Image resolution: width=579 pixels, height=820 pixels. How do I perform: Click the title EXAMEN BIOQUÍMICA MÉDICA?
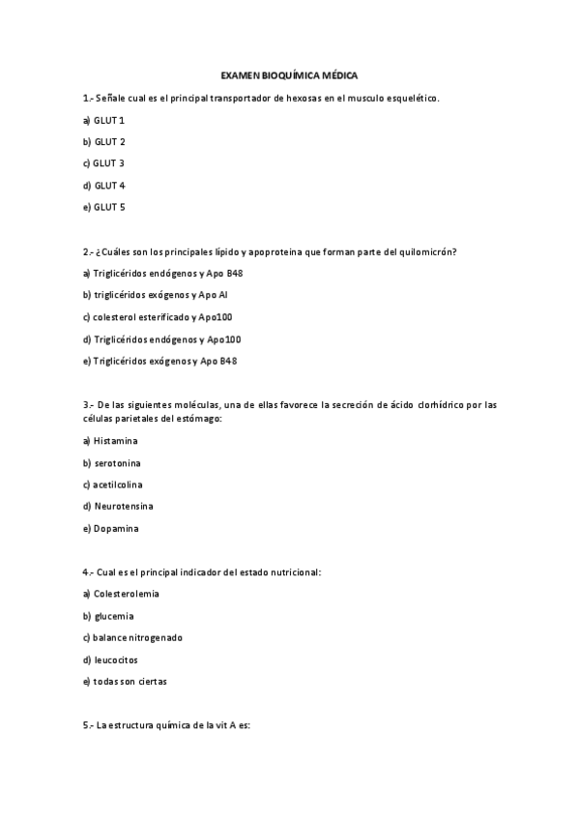(x=289, y=74)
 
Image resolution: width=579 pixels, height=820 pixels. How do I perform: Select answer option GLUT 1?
(x=109, y=120)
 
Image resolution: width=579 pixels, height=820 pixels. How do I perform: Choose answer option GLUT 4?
(x=109, y=185)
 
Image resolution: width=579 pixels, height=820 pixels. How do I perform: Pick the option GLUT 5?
(x=109, y=207)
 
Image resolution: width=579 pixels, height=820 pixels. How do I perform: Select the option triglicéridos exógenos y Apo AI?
(x=159, y=295)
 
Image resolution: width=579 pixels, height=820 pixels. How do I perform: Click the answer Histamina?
(x=116, y=441)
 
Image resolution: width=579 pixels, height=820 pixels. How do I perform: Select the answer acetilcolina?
(x=117, y=484)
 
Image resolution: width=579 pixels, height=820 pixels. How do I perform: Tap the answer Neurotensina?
(x=124, y=506)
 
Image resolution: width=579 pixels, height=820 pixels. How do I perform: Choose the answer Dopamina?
(x=117, y=528)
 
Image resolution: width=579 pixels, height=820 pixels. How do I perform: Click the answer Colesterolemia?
(x=126, y=593)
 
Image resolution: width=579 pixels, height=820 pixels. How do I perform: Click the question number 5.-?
(x=88, y=725)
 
